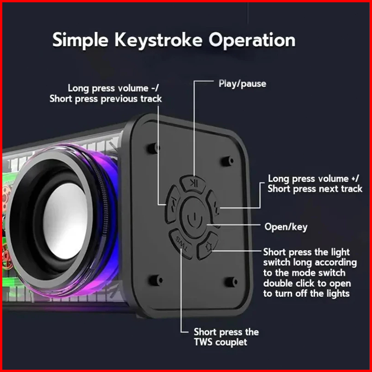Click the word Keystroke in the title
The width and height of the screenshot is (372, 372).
pyautogui.click(x=158, y=41)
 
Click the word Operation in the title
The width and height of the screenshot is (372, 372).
pyautogui.click(x=252, y=40)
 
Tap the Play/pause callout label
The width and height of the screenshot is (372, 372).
pyautogui.click(x=242, y=84)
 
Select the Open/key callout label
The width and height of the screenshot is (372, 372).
pyautogui.click(x=286, y=227)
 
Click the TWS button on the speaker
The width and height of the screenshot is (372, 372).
pyautogui.click(x=181, y=244)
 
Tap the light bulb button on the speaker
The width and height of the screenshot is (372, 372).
pyautogui.click(x=208, y=246)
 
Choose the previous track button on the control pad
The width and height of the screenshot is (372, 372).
pyautogui.click(x=173, y=204)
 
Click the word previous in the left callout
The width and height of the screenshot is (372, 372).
pyautogui.click(x=119, y=99)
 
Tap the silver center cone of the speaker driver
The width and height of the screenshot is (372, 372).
pyautogui.click(x=65, y=220)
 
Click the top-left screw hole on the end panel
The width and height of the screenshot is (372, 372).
pyautogui.click(x=153, y=148)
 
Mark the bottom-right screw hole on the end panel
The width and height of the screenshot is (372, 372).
pyautogui.click(x=231, y=282)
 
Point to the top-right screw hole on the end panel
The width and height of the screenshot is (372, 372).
pyautogui.click(x=227, y=161)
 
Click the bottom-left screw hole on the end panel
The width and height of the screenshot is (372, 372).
pyautogui.click(x=156, y=280)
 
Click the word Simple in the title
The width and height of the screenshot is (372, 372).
pyautogui.click(x=80, y=40)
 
